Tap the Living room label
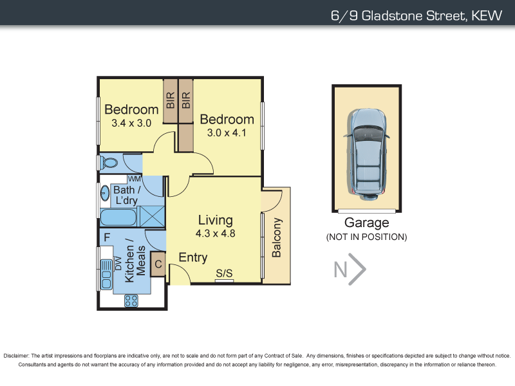pos(216,219)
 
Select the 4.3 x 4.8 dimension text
pos(216,234)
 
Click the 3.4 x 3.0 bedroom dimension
pos(131,123)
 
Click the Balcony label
pos(277,238)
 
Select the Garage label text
pos(366,223)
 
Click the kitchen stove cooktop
pos(131,300)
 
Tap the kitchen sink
pos(106,273)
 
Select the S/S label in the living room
pos(224,273)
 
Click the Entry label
pos(193,257)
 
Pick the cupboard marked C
pos(157,263)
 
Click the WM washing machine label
pos(135,179)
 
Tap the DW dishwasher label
pos(118,263)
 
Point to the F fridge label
pos(106,237)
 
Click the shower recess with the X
pos(152,216)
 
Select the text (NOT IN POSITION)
pos(366,237)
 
